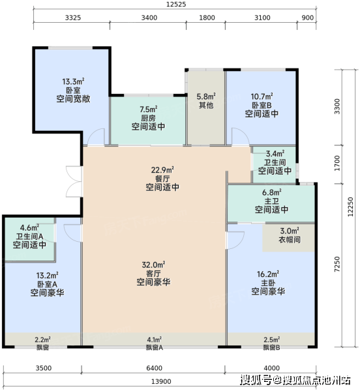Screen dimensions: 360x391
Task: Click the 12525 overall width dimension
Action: tap(176, 5)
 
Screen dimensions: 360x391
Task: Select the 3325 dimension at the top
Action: tap(73, 18)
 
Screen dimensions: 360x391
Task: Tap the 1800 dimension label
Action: tap(207, 18)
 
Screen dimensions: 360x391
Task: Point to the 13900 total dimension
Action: tap(161, 381)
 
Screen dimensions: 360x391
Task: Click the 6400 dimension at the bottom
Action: tap(154, 368)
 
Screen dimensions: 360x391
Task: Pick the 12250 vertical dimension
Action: tap(350, 207)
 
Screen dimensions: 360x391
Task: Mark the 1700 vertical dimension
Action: tap(337, 163)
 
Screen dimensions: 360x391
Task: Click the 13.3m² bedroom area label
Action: tap(73, 81)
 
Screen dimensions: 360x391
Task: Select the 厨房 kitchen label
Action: tap(148, 118)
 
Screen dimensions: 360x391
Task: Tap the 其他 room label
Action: tap(206, 105)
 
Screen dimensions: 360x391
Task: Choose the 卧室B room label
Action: tap(262, 105)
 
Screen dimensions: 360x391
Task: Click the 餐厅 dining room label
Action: tap(162, 179)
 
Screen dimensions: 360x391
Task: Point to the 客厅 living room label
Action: tap(153, 273)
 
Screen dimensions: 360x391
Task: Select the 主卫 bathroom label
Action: tap(272, 201)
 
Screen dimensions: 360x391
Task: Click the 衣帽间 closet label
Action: tap(290, 239)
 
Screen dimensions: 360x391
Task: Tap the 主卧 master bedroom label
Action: tap(268, 283)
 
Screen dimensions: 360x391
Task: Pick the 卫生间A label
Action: tap(30, 236)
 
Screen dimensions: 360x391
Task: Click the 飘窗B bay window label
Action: tap(272, 347)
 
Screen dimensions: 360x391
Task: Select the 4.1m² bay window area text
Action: tap(154, 340)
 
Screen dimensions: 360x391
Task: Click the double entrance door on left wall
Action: tap(74, 181)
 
